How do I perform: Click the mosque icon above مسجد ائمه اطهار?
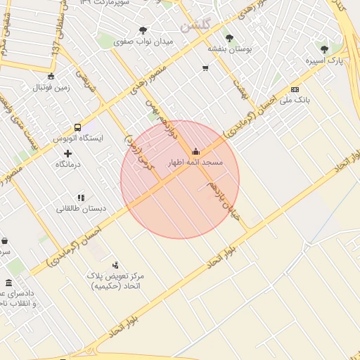click(x=195, y=150)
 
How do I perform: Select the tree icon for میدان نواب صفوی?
click(x=143, y=30)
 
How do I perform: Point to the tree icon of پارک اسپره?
click(x=323, y=49)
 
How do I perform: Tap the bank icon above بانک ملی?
click(x=294, y=89)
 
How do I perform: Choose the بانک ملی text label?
click(x=293, y=101)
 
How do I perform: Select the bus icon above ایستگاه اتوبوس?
click(x=77, y=128)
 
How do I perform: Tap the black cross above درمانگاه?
click(x=67, y=153)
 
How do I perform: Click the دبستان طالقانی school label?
click(x=81, y=209)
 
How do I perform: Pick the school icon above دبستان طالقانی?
click(x=81, y=198)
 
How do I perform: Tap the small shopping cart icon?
click(x=205, y=68)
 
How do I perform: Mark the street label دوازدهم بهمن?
click(x=164, y=119)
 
